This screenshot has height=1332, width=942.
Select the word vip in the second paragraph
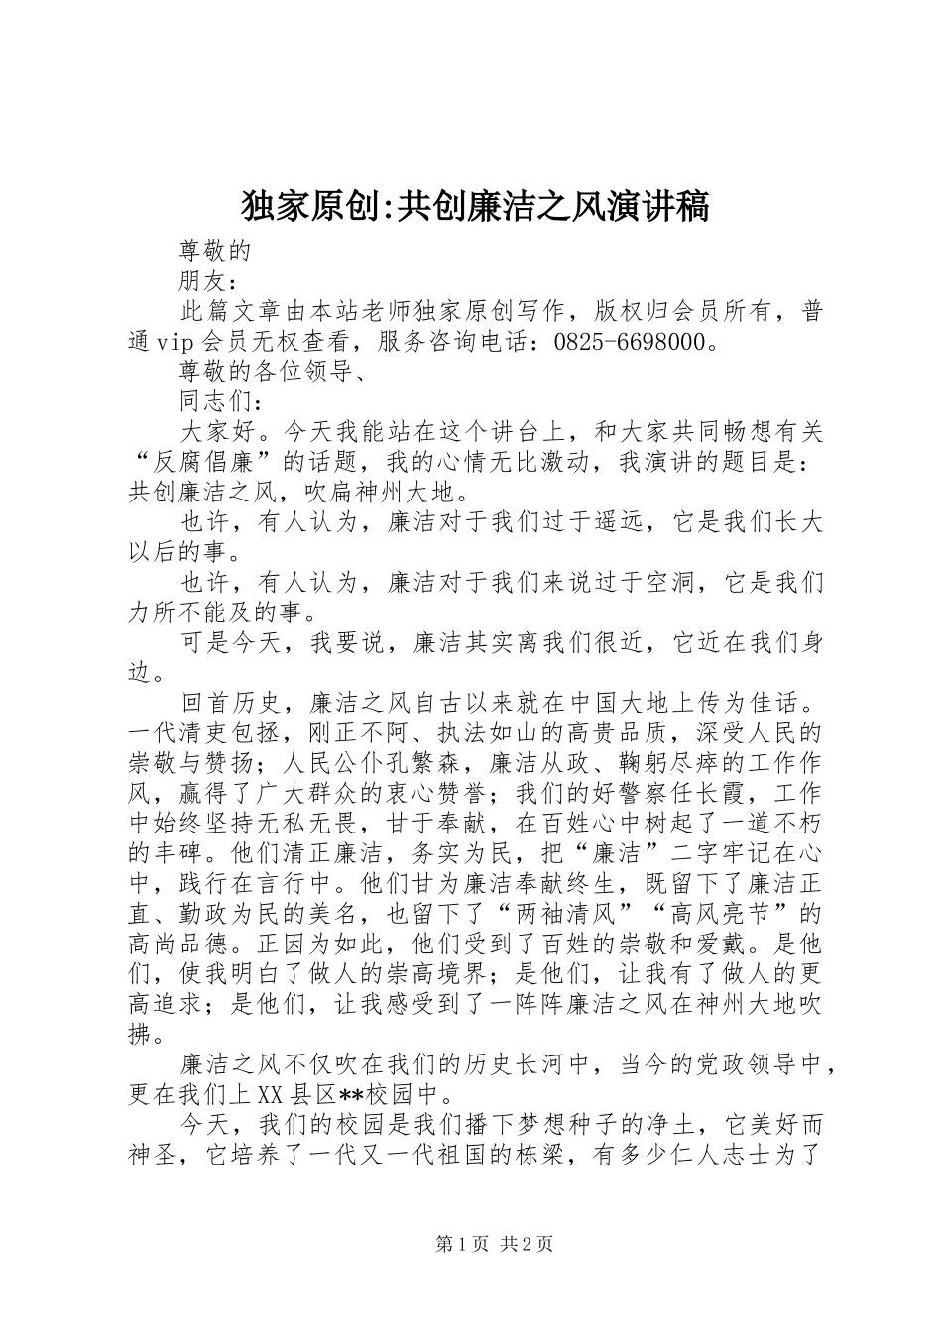point(177,342)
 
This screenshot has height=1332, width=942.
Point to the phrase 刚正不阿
point(400,734)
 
